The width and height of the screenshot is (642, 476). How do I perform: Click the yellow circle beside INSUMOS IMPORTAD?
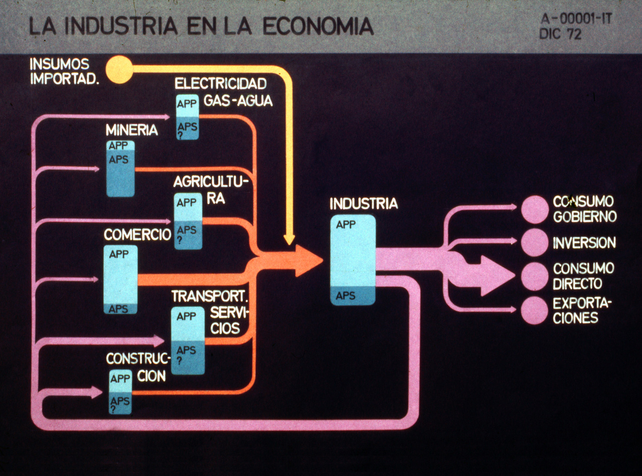(119, 70)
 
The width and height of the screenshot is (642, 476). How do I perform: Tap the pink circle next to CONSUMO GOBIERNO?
(535, 209)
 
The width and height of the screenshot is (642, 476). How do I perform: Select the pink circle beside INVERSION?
(535, 242)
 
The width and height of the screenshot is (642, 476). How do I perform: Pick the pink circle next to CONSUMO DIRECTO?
(535, 276)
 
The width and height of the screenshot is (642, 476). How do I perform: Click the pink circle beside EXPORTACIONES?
(535, 310)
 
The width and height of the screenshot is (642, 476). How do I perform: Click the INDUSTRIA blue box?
(353, 260)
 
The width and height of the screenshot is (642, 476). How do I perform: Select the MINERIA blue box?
(120, 168)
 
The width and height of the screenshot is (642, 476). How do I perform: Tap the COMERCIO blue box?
(120, 280)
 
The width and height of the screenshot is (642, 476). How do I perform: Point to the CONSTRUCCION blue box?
(121, 392)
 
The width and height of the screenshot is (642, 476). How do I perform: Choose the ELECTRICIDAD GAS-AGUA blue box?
(188, 117)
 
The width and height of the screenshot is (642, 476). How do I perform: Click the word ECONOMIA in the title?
(318, 27)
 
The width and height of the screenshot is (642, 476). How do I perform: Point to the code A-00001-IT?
(576, 19)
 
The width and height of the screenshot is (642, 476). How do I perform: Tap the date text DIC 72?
(561, 34)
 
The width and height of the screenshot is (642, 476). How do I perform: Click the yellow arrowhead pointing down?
(289, 239)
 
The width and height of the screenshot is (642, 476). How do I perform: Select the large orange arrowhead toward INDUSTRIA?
(308, 260)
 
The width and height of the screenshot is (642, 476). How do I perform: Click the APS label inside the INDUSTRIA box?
(346, 296)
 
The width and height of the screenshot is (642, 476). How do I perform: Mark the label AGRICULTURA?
(210, 189)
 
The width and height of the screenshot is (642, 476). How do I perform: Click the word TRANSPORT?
(209, 296)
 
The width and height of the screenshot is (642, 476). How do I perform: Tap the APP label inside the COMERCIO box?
(119, 254)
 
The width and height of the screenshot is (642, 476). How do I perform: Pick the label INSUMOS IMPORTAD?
(64, 71)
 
